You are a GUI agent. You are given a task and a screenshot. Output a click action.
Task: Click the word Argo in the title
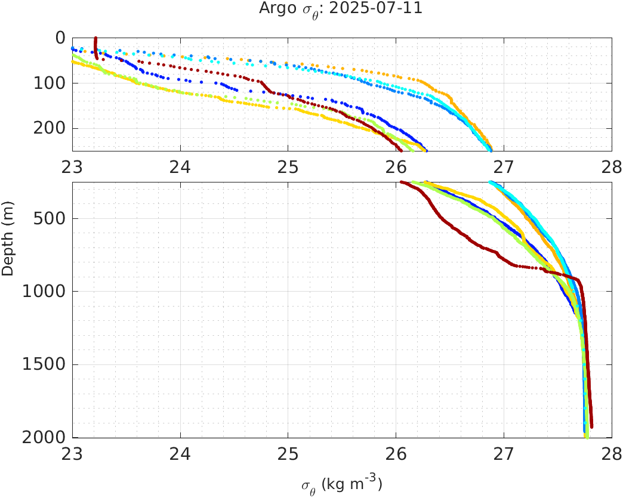pyautogui.click(x=274, y=9)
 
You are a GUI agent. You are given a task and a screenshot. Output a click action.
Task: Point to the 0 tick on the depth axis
pyautogui.click(x=60, y=38)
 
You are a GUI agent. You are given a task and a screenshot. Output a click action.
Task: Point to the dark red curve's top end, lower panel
pyautogui.click(x=402, y=182)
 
